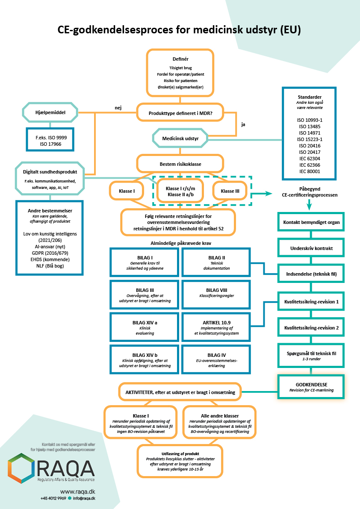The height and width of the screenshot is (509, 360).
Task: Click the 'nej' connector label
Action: tap(118, 108)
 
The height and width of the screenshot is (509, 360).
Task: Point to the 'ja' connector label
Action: tap(243, 125)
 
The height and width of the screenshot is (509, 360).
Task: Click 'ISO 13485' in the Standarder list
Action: tap(309, 127)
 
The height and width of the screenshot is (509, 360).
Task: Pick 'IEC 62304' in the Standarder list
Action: tap(309, 158)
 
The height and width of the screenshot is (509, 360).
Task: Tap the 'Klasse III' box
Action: tap(230, 191)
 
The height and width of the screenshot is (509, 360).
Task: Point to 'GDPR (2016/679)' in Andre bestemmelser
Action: tap(50, 253)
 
